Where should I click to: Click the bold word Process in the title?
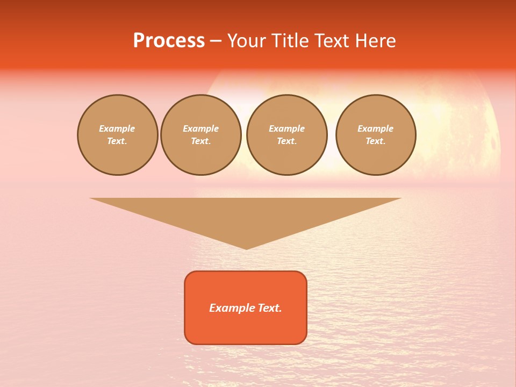pos(169,41)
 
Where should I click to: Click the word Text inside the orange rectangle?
pos(269,308)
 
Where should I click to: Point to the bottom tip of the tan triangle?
pos(246,248)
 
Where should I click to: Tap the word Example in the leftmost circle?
pos(117,128)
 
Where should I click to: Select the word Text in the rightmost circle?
pos(375,141)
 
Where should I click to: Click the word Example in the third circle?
pos(286,128)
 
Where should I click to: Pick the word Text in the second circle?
pos(200,141)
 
